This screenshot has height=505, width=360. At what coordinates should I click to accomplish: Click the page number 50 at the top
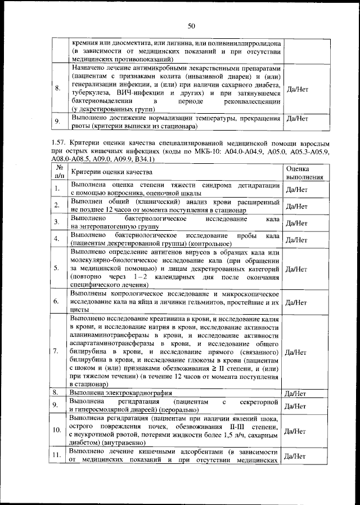coord(191,26)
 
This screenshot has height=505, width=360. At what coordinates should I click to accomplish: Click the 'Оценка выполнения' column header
coord(304,172)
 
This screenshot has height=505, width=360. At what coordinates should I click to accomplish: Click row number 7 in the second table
coord(56,352)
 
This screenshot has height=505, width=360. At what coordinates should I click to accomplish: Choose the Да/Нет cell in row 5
coord(296,269)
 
